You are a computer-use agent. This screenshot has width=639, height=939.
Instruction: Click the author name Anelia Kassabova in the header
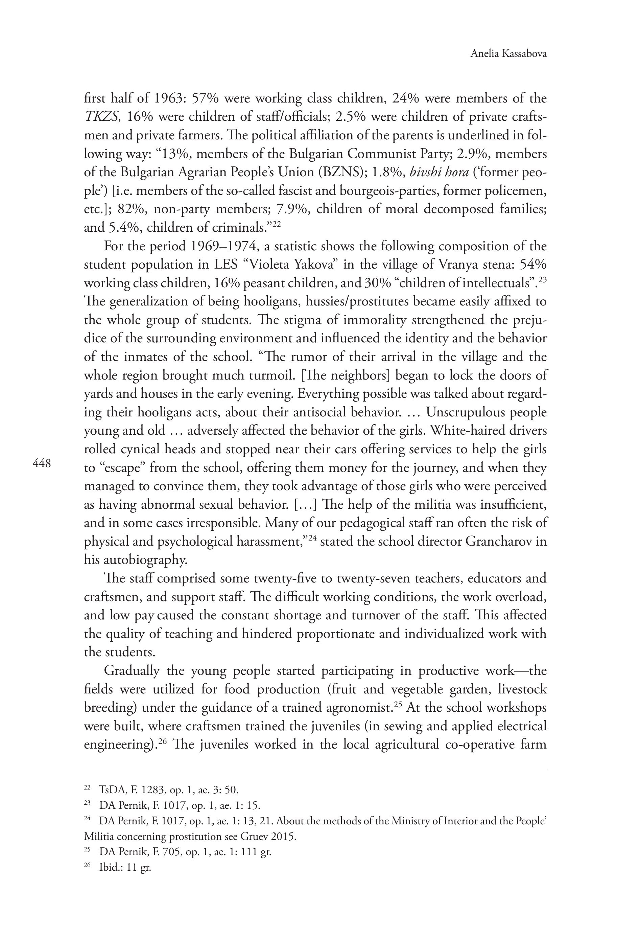[508, 54]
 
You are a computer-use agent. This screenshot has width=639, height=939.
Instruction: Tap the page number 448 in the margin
[42, 463]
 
